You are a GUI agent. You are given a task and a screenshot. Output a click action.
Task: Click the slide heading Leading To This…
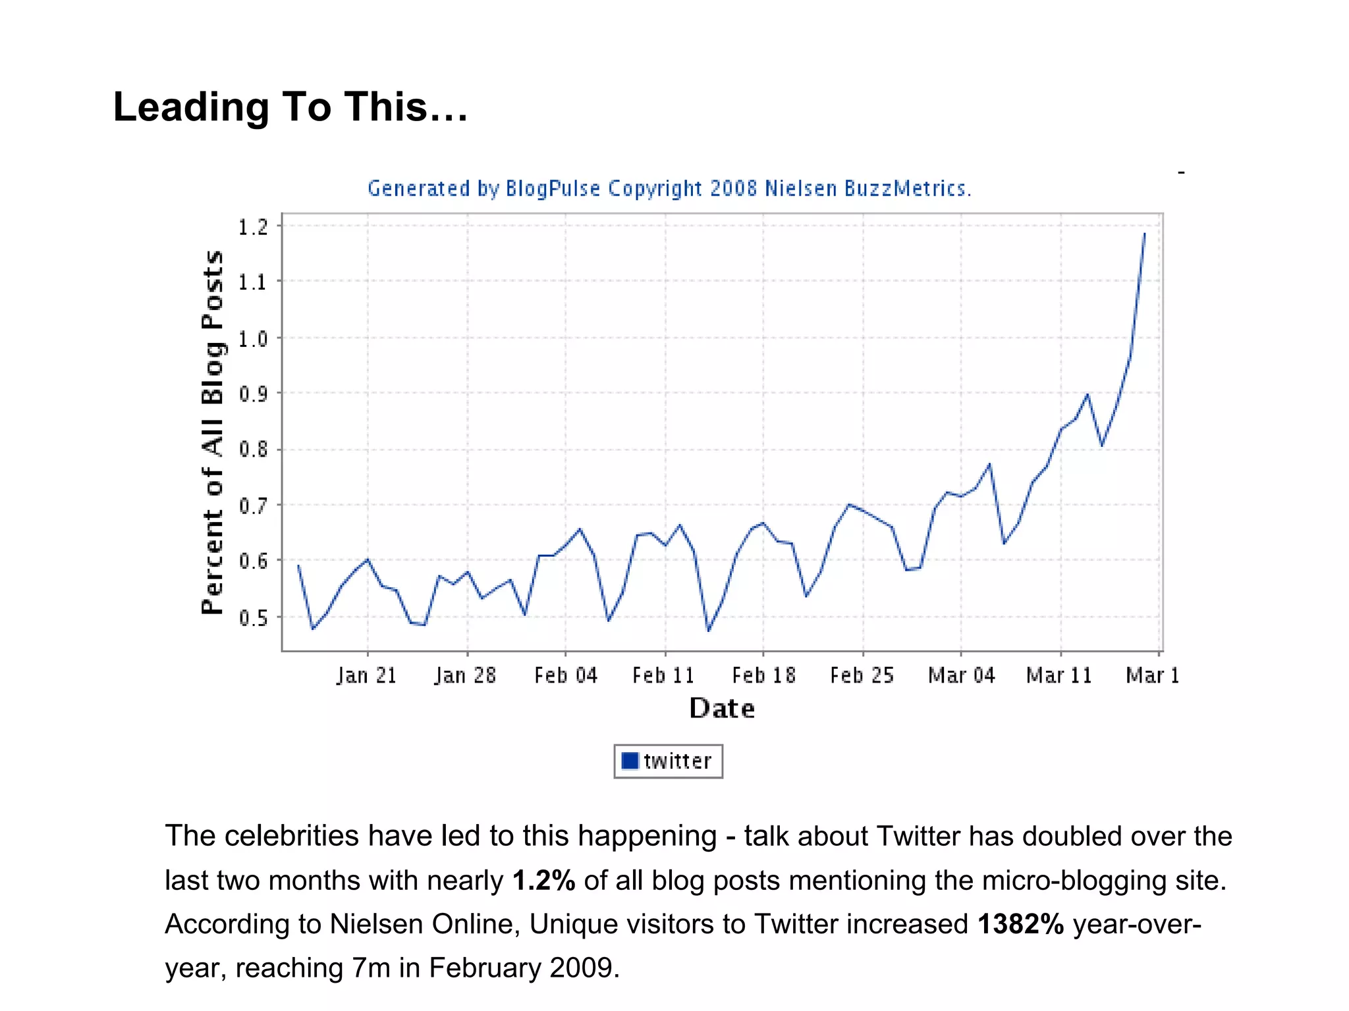290,107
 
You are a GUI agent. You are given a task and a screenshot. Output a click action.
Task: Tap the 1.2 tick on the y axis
253,227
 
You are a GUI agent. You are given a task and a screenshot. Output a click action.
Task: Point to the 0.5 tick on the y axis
253,617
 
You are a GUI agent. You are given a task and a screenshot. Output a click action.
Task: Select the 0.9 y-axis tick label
253,394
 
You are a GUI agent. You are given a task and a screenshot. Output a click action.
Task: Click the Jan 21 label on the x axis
366,675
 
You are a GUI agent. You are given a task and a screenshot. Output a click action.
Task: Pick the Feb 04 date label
565,675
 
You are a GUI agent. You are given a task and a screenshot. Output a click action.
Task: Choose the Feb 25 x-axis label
862,675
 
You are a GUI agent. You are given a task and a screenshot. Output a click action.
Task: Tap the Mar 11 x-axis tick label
1059,675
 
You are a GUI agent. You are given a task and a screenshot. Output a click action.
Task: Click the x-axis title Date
722,708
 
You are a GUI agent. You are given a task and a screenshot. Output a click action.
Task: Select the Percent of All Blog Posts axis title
212,432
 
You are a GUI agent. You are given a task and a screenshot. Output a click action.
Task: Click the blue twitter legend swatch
630,761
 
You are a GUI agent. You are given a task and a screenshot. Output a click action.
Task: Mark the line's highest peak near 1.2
1144,234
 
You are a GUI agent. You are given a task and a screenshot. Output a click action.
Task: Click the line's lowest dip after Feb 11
709,631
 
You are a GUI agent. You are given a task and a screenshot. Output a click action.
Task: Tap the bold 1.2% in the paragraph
544,881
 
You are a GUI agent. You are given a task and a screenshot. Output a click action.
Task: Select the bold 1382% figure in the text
1020,924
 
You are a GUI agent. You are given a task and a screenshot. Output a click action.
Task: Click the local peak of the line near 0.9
1087,394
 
